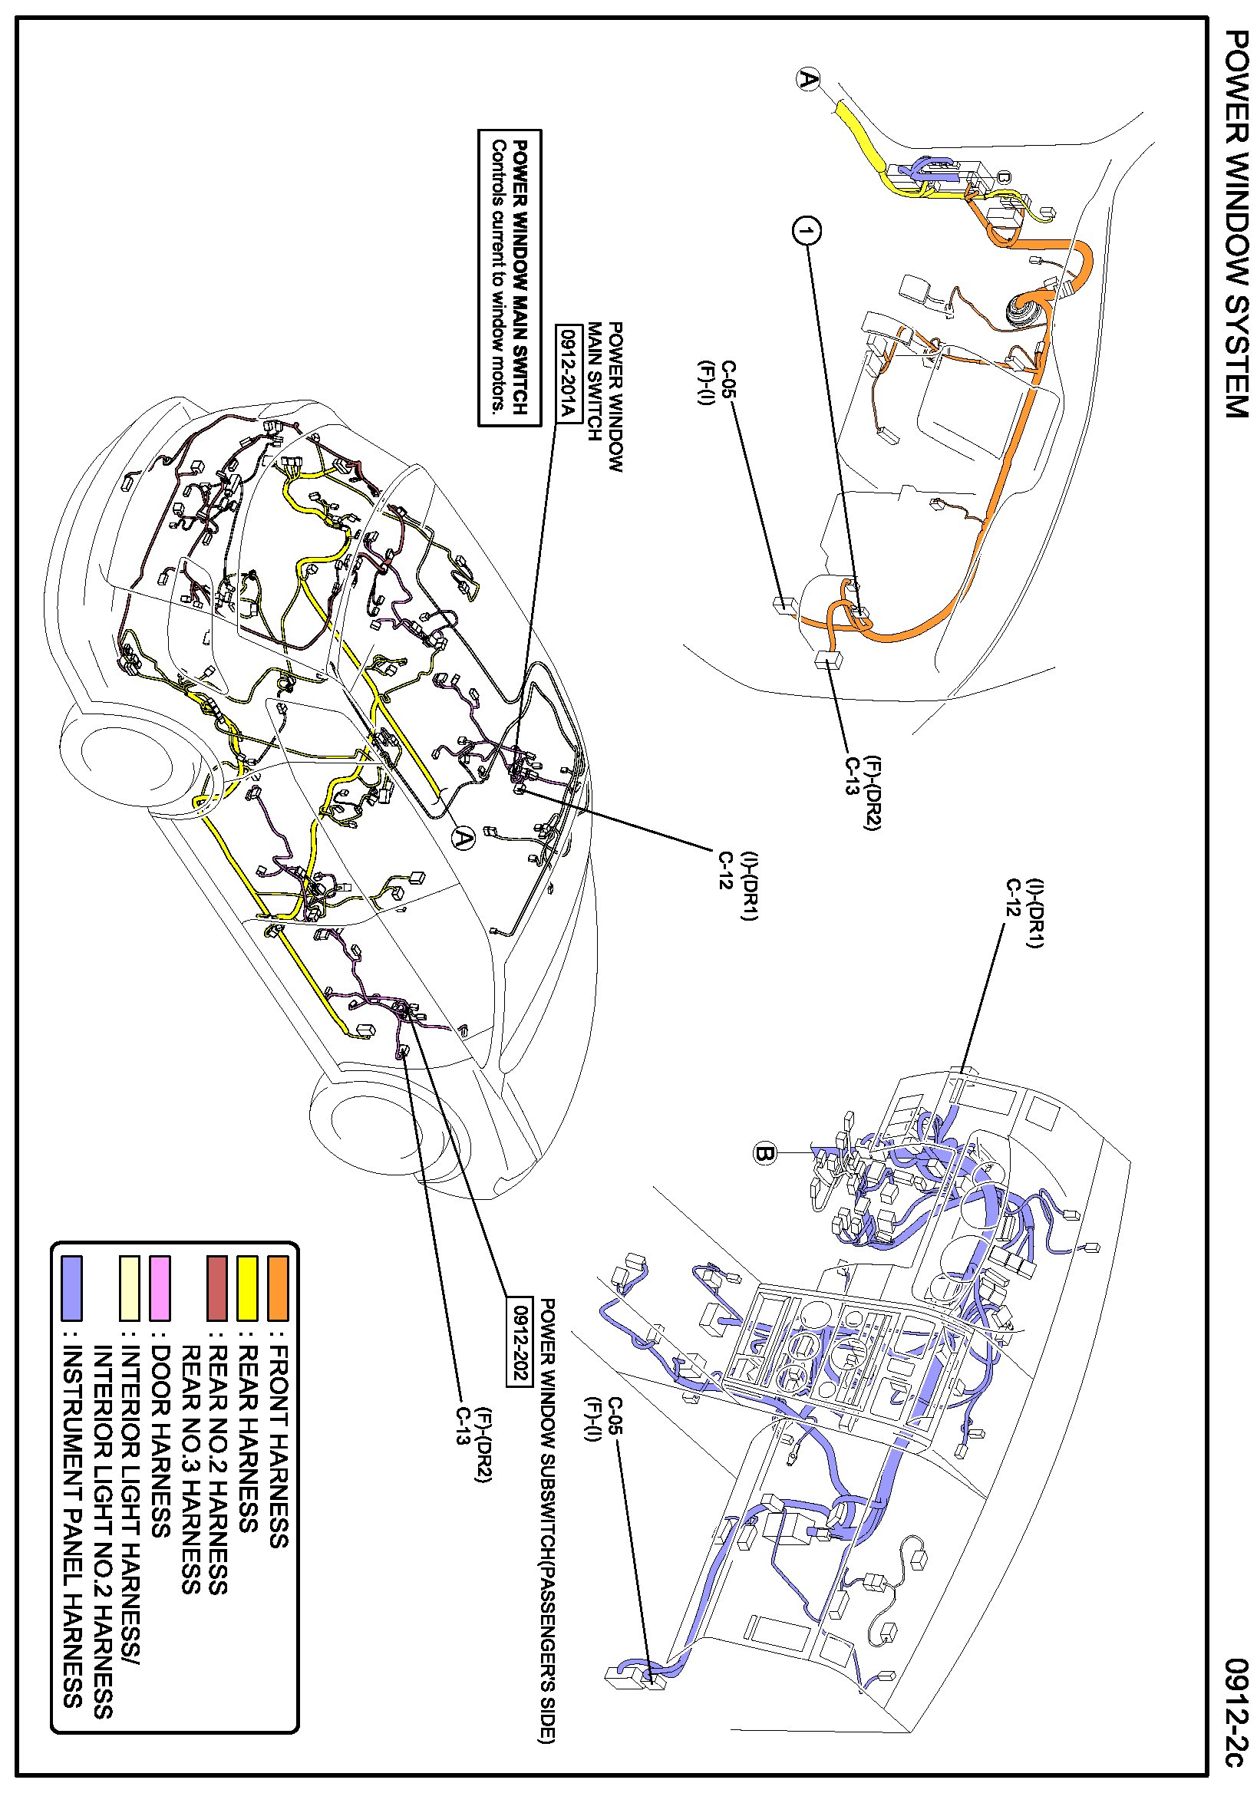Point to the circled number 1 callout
point(807,231)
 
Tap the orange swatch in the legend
point(277,1287)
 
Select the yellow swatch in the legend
point(248,1287)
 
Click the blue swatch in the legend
point(72,1287)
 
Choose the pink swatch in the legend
point(160,1287)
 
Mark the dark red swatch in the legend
point(217,1287)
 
